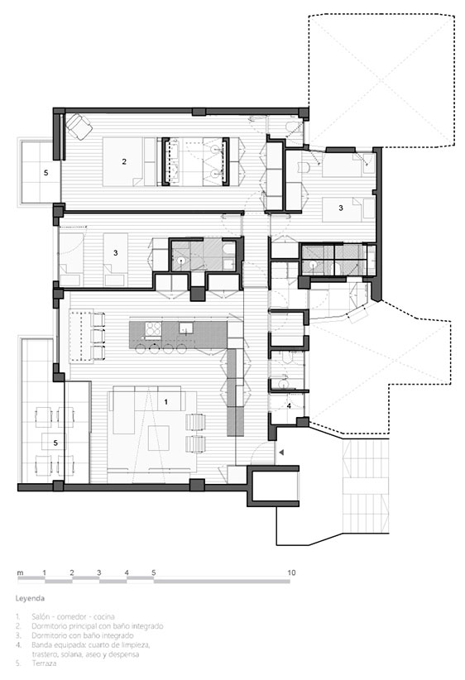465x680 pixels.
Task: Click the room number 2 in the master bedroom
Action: coord(124,162)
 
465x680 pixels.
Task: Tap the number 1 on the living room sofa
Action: coord(165,402)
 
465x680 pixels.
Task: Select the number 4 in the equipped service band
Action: coord(289,406)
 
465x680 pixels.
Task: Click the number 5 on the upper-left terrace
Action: coord(46,173)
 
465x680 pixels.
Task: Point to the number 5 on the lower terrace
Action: coord(55,443)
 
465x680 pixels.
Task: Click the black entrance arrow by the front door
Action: coord(281,453)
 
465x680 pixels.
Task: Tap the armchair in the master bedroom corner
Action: coord(79,126)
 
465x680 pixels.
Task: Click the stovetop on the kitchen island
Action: coord(153,329)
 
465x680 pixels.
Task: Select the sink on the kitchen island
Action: coord(186,328)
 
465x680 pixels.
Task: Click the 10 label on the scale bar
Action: coord(291,572)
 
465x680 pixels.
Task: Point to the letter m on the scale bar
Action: coord(20,573)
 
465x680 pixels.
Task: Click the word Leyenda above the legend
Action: coord(30,598)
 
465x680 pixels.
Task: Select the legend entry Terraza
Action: coord(44,663)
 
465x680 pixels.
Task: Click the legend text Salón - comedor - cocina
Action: coord(73,616)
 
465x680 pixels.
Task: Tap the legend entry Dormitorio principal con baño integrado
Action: coord(97,626)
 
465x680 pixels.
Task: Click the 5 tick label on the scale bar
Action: coord(154,572)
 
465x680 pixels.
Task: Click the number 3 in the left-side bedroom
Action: coord(115,253)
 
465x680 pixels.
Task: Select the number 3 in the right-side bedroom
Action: coord(341,208)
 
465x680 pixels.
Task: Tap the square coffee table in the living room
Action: coord(158,438)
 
